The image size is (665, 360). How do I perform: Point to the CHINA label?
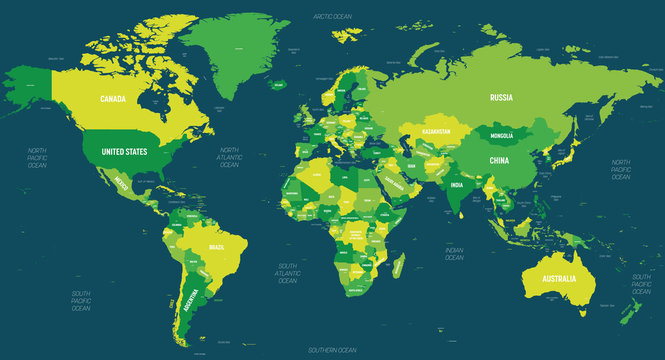click(499, 160)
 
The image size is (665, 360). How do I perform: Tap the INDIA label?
click(455, 185)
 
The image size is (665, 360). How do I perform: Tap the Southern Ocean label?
click(332, 350)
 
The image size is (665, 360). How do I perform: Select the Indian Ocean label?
click(456, 252)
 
